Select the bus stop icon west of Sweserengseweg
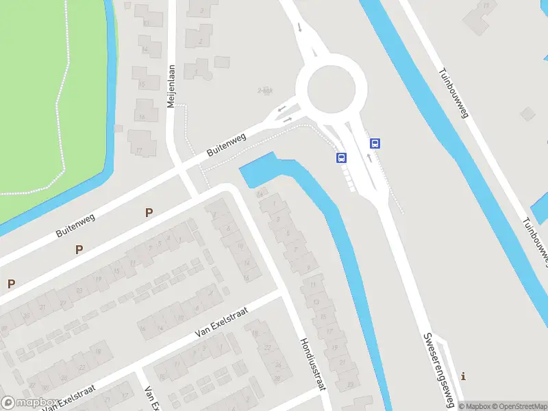tap(341, 158)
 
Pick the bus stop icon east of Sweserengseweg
tap(375, 143)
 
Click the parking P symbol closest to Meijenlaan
tap(149, 212)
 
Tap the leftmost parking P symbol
tap(11, 283)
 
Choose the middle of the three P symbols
tap(79, 249)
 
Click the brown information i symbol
tap(464, 375)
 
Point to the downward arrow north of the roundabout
tap(299, 28)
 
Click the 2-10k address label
tap(265, 90)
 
